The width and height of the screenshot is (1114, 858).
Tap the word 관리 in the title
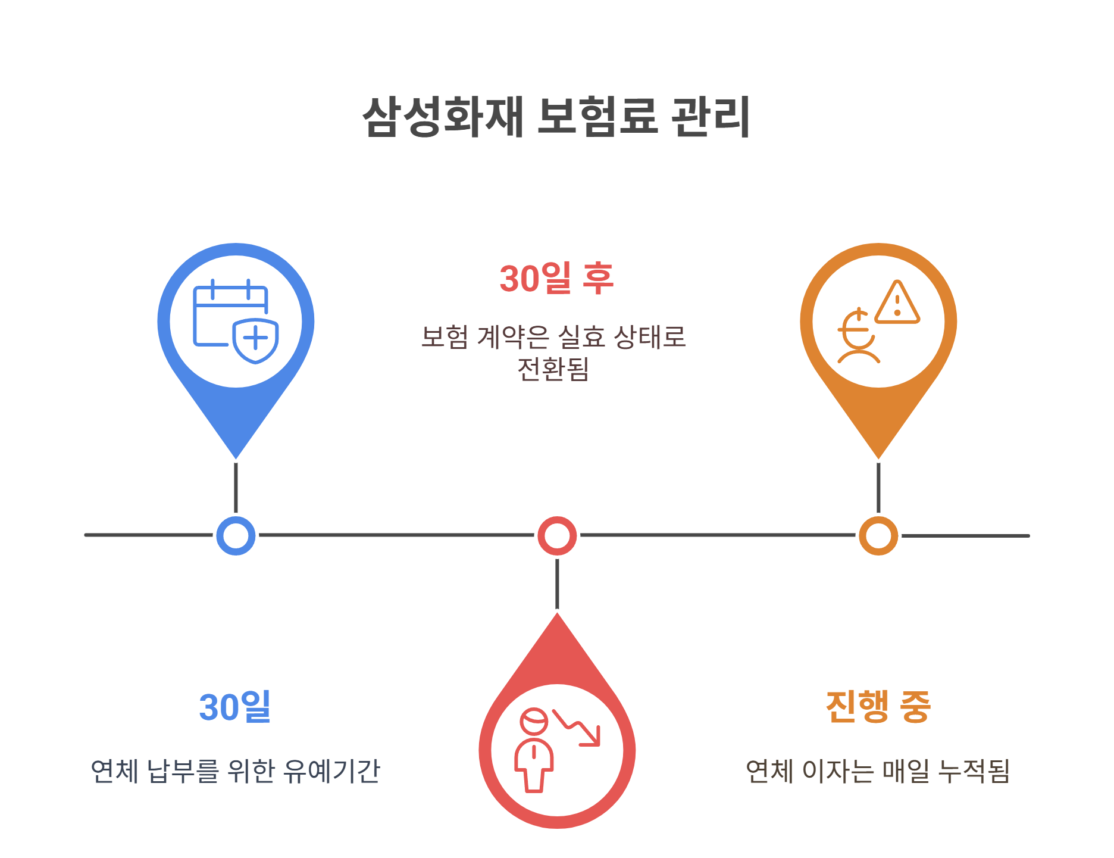point(711,117)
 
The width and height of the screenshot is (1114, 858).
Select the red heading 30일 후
point(556,278)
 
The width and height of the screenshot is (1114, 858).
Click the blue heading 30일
point(235,707)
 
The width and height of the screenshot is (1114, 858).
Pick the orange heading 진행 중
point(878,707)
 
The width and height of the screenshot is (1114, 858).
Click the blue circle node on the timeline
point(236,535)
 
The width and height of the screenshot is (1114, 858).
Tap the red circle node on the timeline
point(557,535)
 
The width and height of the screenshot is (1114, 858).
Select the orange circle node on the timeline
point(878,535)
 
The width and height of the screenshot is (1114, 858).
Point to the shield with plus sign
point(256,340)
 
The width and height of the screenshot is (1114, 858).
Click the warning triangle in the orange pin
point(897,303)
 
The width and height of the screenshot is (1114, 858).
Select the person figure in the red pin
point(534,750)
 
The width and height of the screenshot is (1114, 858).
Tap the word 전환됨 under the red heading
point(553,369)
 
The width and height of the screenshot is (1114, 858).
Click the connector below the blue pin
point(236,487)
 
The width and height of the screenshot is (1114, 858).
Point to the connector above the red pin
point(557,584)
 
